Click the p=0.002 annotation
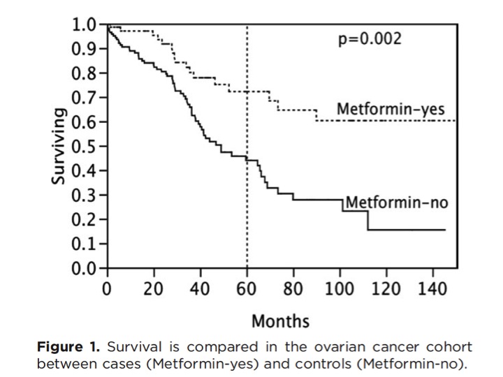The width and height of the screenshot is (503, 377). (370, 38)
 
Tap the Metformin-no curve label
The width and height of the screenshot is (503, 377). (396, 203)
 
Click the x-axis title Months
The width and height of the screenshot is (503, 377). (279, 321)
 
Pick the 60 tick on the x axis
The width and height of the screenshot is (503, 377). (247, 289)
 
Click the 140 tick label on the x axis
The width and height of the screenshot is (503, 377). (433, 289)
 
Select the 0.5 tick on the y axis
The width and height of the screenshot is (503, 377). (87, 147)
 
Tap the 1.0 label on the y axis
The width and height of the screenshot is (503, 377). (87, 25)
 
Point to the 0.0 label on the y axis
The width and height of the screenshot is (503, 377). (87, 268)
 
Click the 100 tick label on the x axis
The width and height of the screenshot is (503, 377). (340, 289)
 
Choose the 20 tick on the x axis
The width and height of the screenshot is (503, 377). (154, 289)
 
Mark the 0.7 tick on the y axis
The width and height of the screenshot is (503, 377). (87, 98)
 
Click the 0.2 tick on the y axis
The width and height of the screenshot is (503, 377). (87, 220)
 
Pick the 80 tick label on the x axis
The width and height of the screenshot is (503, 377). (293, 289)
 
